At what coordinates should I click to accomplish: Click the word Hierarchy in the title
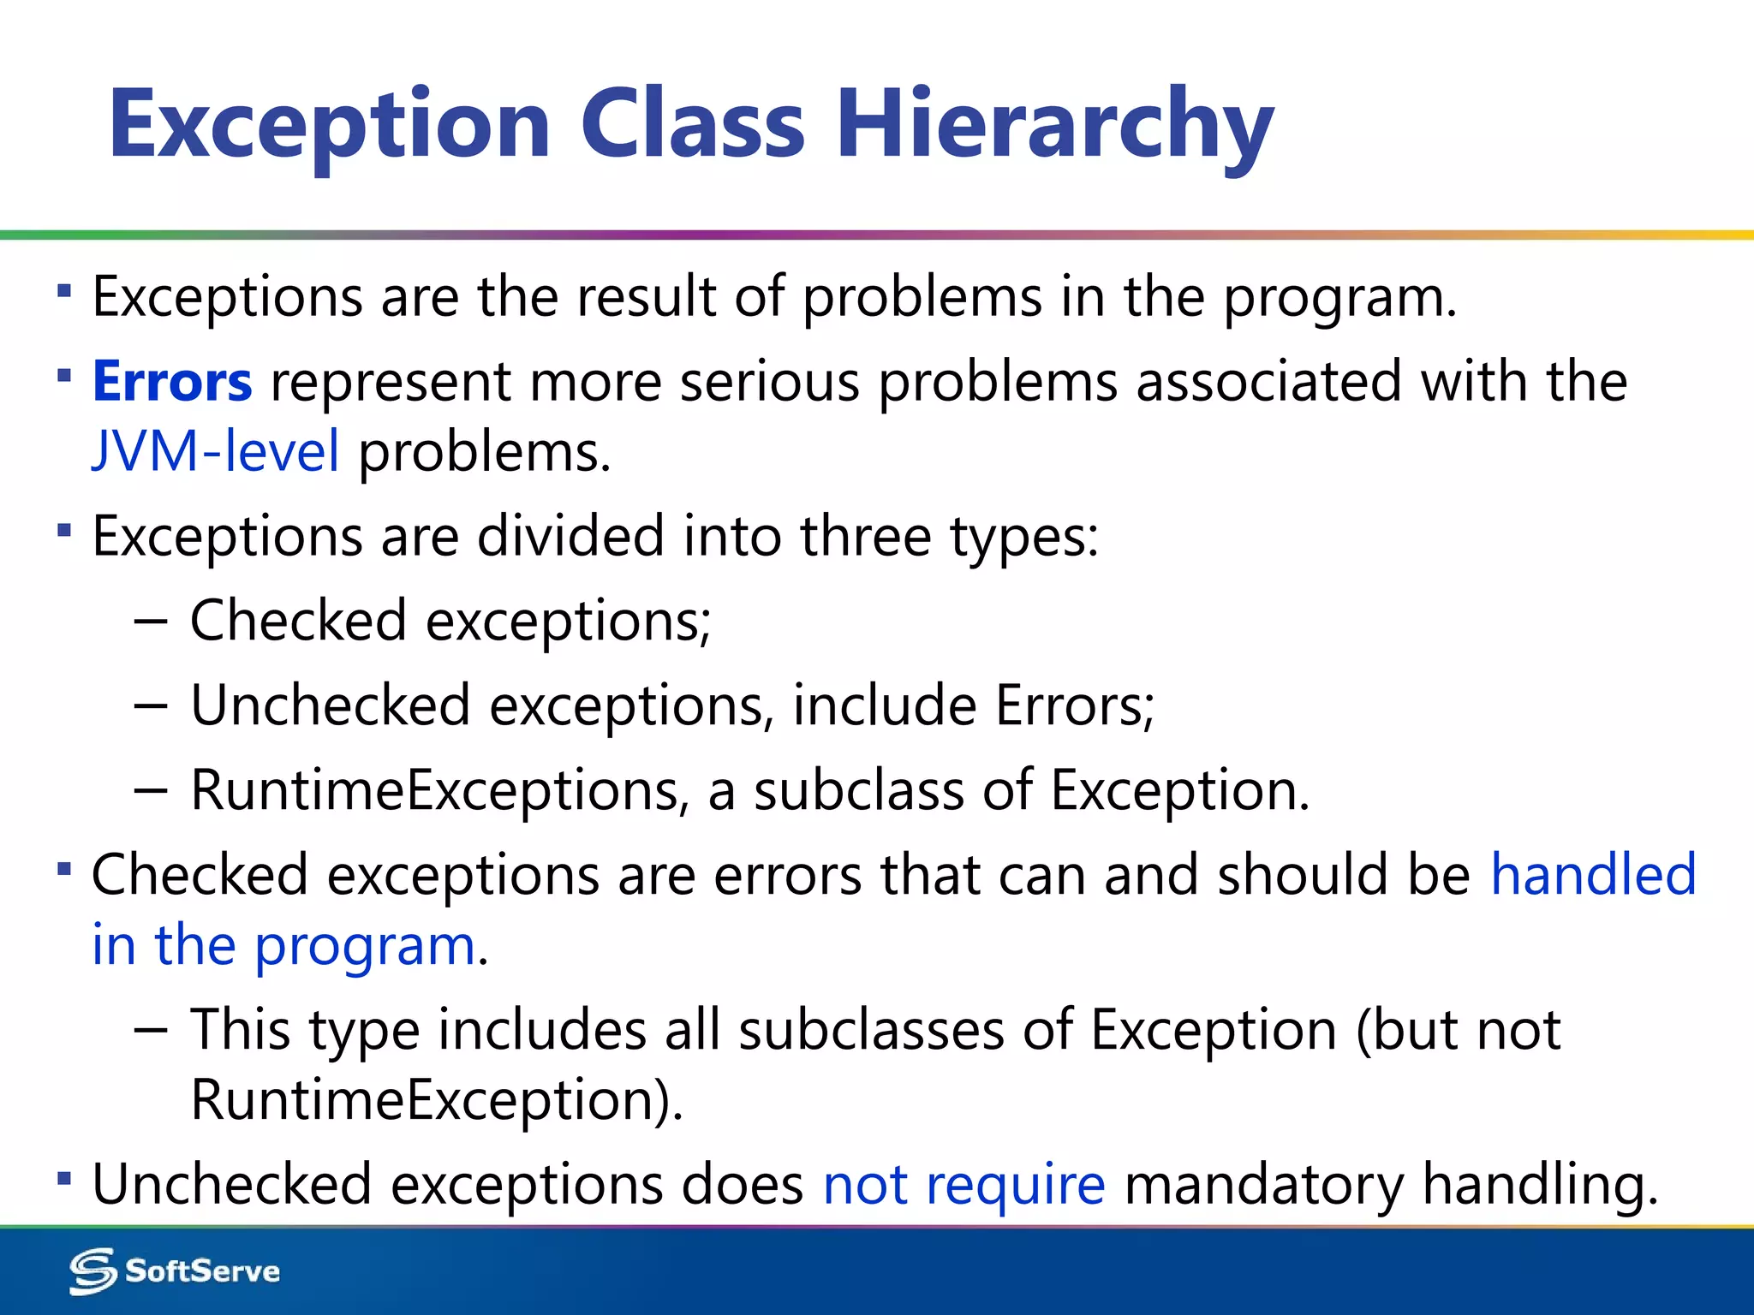click(x=1054, y=126)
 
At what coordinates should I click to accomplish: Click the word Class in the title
click(x=692, y=124)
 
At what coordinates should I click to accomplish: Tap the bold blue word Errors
click(x=172, y=382)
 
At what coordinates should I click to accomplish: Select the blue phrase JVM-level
click(x=216, y=451)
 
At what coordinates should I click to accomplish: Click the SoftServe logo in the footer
click(x=175, y=1271)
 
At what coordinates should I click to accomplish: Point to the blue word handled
click(x=1593, y=875)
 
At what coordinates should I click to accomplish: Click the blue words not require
click(x=964, y=1185)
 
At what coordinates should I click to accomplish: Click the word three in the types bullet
click(x=865, y=537)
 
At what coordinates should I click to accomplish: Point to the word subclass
click(x=858, y=790)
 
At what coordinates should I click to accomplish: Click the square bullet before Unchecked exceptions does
click(x=64, y=1179)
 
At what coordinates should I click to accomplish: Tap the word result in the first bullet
click(x=646, y=297)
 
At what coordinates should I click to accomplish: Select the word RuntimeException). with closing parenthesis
click(x=437, y=1100)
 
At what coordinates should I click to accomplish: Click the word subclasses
click(x=871, y=1030)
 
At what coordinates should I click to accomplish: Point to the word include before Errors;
click(x=884, y=706)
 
